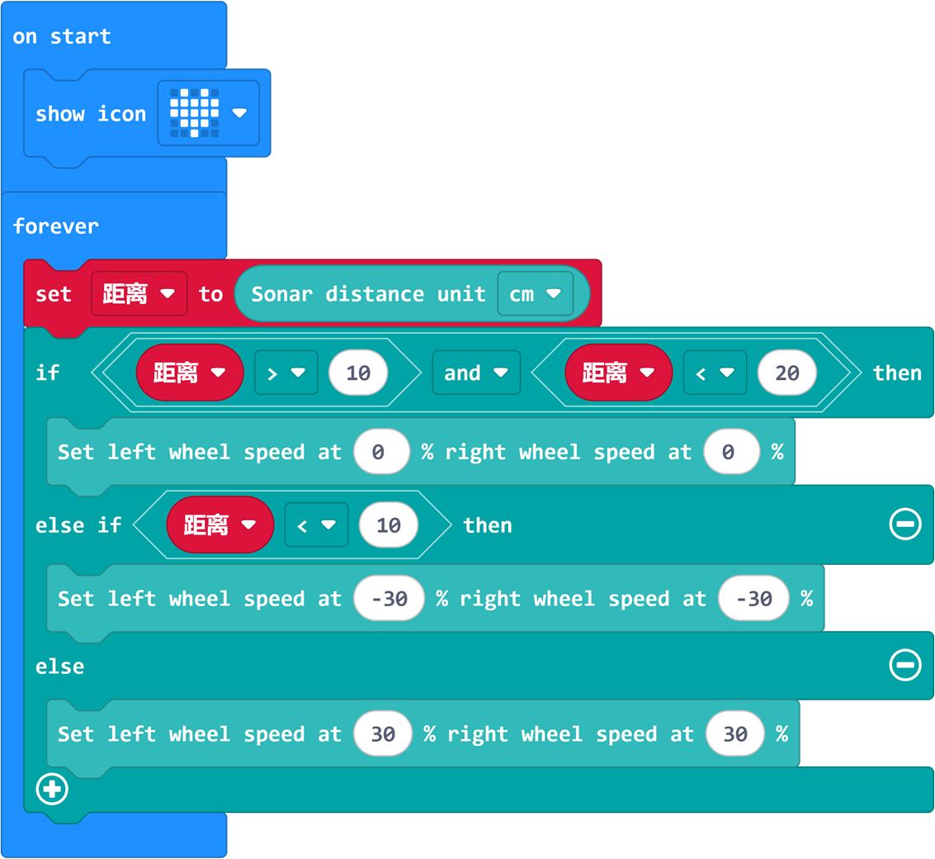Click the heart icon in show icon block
(195, 113)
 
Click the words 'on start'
(62, 36)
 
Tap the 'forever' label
(55, 225)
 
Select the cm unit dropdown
(535, 294)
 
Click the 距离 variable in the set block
(139, 294)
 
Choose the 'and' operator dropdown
(475, 373)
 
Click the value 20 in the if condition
(786, 373)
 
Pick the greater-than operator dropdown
(286, 373)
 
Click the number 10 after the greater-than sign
(358, 373)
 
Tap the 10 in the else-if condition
(388, 525)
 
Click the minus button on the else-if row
(904, 524)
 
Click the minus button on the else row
(904, 665)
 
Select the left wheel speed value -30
(390, 599)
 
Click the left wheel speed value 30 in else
(383, 734)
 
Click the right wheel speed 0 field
(731, 452)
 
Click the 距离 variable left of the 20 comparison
(617, 373)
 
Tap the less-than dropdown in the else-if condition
(316, 525)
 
